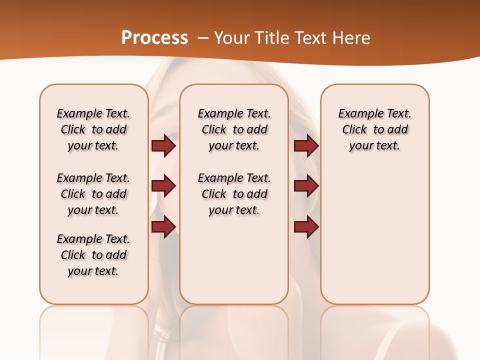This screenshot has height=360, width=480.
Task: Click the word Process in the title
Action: click(x=154, y=38)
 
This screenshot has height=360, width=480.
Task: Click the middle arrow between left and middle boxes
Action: click(x=163, y=186)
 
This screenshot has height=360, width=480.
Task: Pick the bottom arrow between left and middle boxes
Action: click(x=163, y=227)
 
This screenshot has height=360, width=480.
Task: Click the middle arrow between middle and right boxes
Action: click(x=306, y=186)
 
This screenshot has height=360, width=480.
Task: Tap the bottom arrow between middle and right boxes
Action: click(x=306, y=227)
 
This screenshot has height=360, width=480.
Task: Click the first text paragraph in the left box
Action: click(x=93, y=129)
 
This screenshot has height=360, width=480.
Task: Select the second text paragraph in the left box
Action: click(x=93, y=194)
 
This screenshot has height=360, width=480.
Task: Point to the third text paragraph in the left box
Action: click(x=93, y=255)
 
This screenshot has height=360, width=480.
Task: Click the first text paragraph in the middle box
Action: click(x=234, y=129)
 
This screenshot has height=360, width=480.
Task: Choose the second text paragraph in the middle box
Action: click(x=234, y=194)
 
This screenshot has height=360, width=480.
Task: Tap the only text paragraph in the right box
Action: click(x=374, y=129)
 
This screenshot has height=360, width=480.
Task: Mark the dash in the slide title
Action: click(x=203, y=38)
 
